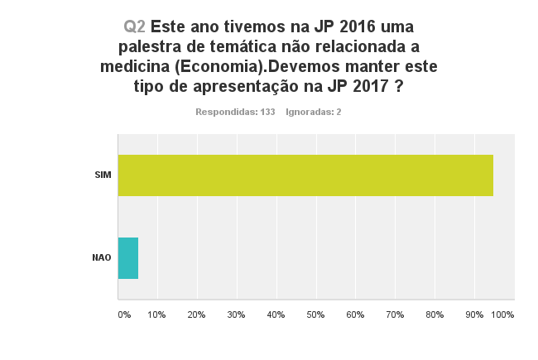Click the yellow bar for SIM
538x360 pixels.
point(305,175)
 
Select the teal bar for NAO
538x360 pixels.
point(128,258)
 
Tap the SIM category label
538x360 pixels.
point(103,175)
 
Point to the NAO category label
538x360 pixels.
point(102,258)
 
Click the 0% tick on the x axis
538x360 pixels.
point(124,315)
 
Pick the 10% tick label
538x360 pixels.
point(157,315)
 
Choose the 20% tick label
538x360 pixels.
point(197,315)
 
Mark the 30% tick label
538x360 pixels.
point(237,315)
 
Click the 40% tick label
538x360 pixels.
point(276,315)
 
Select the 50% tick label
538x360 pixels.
point(316,315)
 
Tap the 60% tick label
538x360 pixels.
point(356,315)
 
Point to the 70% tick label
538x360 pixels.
point(396,315)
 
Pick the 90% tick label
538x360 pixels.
point(474,315)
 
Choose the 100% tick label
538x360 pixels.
point(502,315)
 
